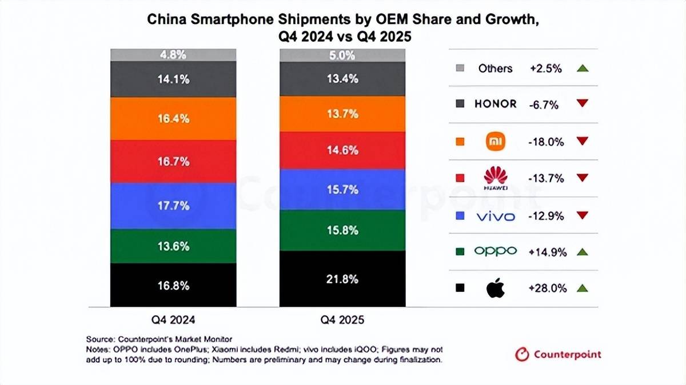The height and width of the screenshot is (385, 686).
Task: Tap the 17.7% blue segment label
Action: click(173, 206)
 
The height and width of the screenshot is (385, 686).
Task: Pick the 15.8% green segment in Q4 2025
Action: click(342, 230)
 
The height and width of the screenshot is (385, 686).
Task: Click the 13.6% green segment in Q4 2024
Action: click(173, 246)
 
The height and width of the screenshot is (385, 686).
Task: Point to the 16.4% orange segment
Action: click(173, 119)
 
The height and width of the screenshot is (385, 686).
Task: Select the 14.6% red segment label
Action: click(342, 150)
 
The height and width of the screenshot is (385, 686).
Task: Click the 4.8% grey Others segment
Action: click(173, 55)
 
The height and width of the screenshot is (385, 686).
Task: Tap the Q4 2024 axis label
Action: click(173, 320)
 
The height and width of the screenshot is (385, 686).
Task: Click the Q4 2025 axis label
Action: click(342, 320)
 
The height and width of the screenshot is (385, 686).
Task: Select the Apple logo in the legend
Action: click(495, 288)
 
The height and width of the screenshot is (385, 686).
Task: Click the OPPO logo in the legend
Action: click(495, 251)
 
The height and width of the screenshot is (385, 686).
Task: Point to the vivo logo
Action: click(495, 216)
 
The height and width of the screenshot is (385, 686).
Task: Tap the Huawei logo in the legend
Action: click(495, 178)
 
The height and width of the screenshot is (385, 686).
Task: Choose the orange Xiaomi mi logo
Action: click(495, 141)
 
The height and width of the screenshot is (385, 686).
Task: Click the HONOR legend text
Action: click(495, 104)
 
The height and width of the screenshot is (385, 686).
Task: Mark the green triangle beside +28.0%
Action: click(582, 288)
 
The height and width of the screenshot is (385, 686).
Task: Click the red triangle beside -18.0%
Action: click(582, 141)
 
